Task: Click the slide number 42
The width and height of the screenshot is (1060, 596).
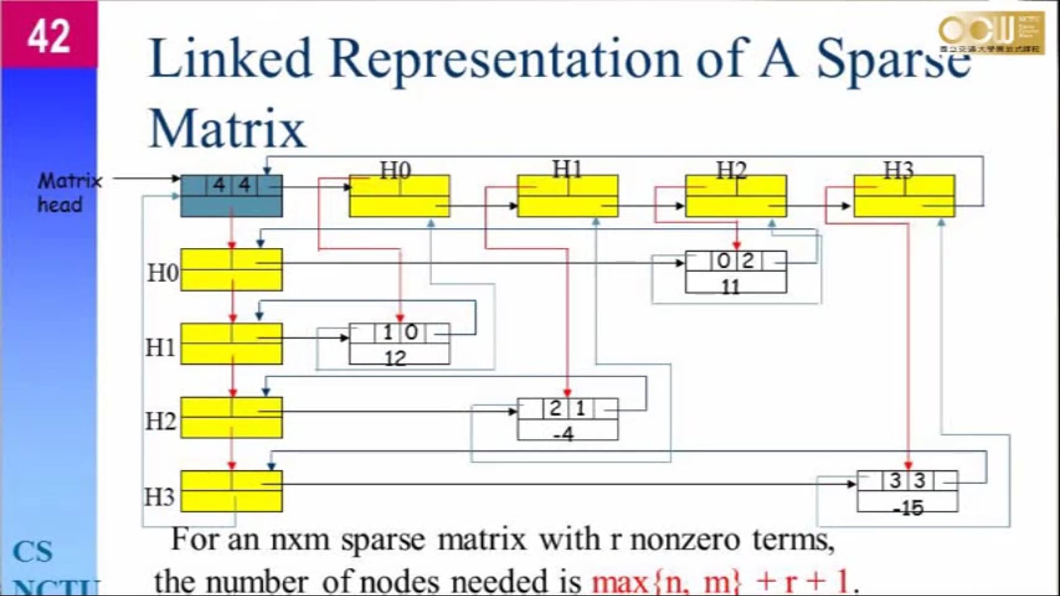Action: point(49,36)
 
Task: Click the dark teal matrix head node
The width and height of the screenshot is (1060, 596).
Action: point(231,196)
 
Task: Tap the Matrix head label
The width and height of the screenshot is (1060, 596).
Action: point(69,193)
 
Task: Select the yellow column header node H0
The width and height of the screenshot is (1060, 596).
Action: point(400,196)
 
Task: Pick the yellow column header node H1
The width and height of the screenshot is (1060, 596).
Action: point(568,196)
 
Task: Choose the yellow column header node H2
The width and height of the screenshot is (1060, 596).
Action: point(736,196)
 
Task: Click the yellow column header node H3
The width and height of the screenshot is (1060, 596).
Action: point(904,196)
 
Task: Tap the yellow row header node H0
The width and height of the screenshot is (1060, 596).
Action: point(231,269)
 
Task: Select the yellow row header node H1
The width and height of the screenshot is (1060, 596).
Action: point(231,343)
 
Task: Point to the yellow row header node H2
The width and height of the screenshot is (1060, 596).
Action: point(231,417)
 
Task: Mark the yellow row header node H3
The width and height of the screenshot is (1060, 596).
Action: point(231,491)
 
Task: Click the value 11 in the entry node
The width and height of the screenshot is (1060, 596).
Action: point(730,286)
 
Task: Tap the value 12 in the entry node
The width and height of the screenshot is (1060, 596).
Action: point(395,359)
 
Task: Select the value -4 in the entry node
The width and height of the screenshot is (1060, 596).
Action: point(564,434)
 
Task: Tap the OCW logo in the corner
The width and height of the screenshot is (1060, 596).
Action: point(991,33)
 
